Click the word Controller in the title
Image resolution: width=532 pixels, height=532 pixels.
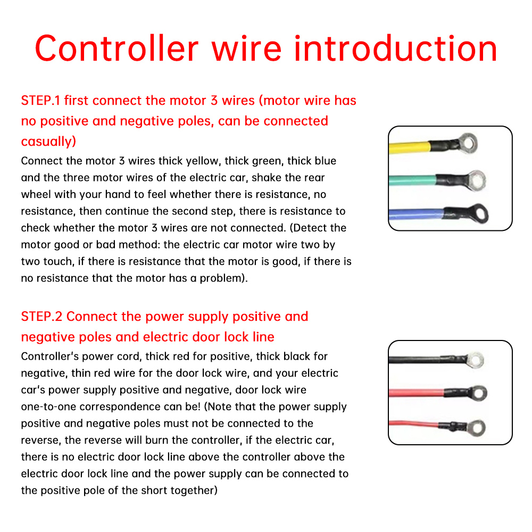click(117, 48)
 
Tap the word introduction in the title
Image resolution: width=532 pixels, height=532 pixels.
click(396, 48)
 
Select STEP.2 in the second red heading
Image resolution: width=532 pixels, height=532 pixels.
click(41, 316)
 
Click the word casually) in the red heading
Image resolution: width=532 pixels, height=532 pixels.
click(48, 142)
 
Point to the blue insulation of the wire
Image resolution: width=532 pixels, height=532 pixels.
click(416, 214)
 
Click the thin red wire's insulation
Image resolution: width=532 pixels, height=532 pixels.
click(413, 424)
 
